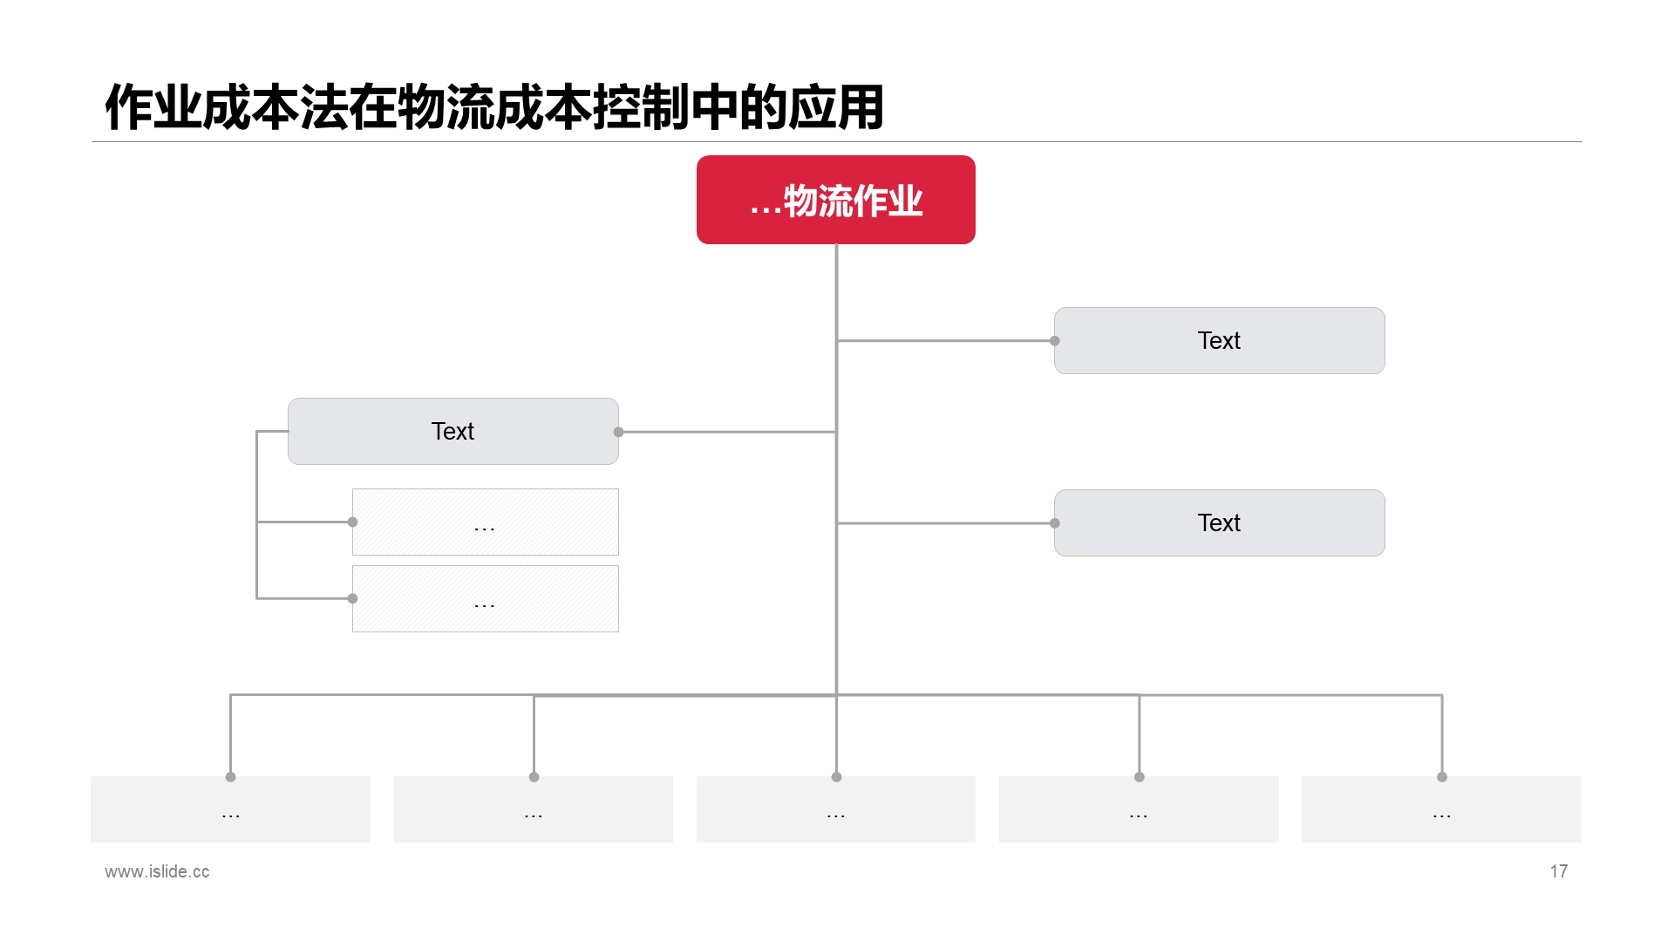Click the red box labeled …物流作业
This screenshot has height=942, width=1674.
pos(835,200)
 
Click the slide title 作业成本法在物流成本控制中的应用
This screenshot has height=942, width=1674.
pos(494,108)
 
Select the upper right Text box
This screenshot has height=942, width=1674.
pos(1219,340)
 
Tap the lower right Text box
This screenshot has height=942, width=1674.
pos(1219,522)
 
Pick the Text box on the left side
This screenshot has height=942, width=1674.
pos(453,431)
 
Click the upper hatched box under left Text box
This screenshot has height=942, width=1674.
pos(486,522)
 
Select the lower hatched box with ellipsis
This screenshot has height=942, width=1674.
pos(486,598)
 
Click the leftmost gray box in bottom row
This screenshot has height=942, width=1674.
pos(230,809)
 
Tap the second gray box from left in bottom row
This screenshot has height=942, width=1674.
pos(533,809)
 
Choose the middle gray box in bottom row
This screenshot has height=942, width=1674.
pos(836,809)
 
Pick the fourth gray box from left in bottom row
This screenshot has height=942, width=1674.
pos(1139,809)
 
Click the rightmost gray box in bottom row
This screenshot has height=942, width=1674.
pos(1441,809)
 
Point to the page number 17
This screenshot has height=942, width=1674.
pos(1559,871)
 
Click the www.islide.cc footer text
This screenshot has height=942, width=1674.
pos(157,871)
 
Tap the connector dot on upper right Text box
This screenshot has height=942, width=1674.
pos(1055,341)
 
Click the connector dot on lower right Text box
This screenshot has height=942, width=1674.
pos(1055,523)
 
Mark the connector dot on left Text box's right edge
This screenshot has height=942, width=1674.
pos(618,432)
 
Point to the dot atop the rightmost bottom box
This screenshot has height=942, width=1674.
pos(1442,777)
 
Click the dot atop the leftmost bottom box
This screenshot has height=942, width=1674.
pos(230,777)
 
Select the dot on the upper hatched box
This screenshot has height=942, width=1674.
pos(352,522)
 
